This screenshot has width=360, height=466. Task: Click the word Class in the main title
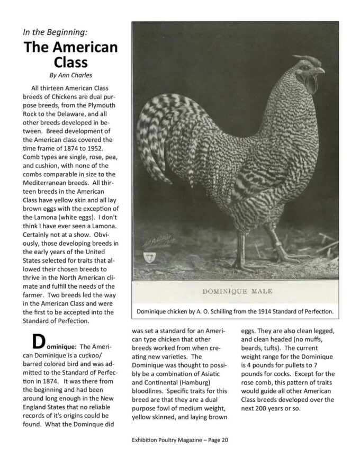pyautogui.click(x=70, y=62)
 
